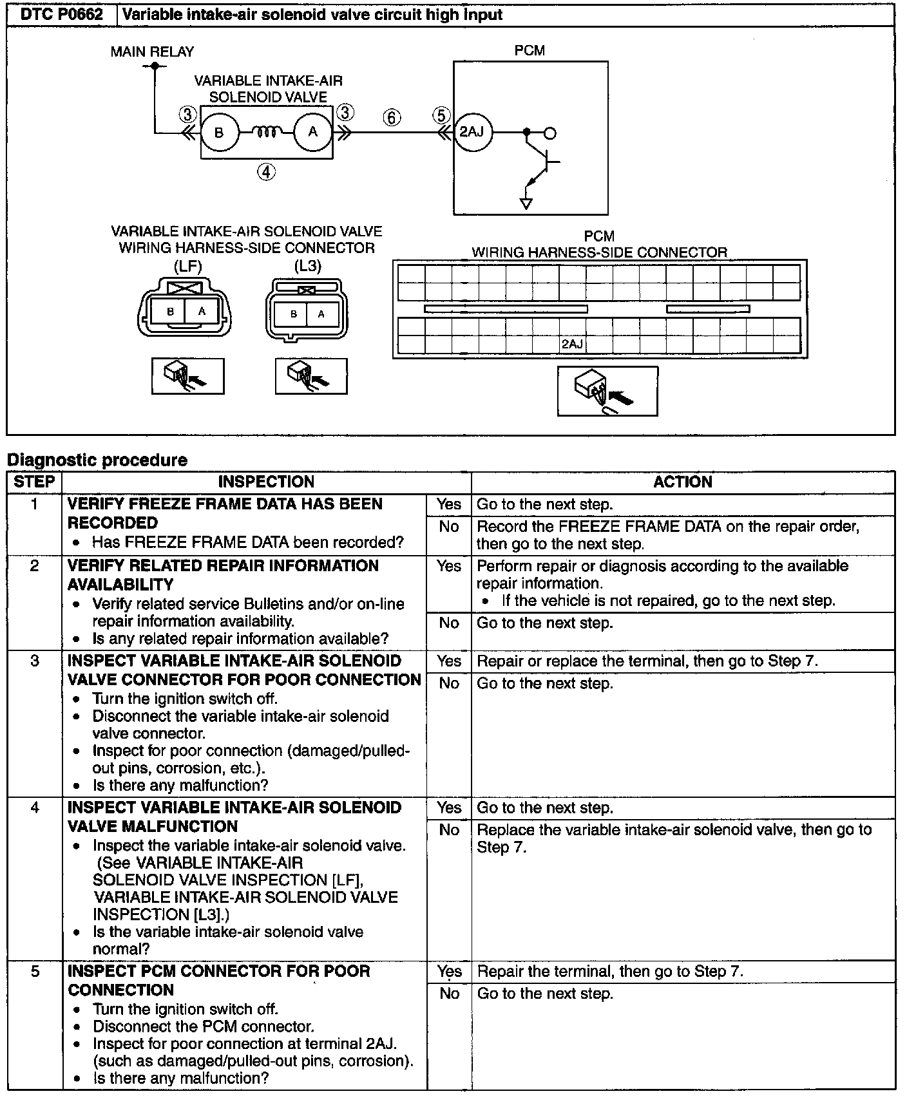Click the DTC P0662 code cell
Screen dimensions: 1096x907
(x=62, y=14)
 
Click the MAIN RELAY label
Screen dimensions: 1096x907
(x=152, y=52)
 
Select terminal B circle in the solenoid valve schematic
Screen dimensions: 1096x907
(x=219, y=133)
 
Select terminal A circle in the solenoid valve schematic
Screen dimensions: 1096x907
(x=313, y=132)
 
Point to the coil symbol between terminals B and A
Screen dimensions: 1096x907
(x=266, y=133)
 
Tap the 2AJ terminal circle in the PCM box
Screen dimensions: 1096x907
(x=472, y=132)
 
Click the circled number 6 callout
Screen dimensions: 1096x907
(x=392, y=117)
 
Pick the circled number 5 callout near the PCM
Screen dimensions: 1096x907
(x=441, y=115)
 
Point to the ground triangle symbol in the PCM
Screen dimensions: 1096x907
(x=526, y=204)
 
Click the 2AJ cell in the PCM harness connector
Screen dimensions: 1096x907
(x=572, y=345)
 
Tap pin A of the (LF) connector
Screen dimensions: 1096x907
(x=202, y=312)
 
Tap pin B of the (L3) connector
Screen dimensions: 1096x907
(x=294, y=314)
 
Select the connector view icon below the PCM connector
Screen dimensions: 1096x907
(x=607, y=392)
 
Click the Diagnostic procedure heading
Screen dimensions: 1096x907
(x=97, y=460)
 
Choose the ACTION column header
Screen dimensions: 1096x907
(x=683, y=482)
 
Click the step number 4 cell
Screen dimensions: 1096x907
(x=35, y=808)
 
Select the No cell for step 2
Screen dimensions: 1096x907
(x=448, y=623)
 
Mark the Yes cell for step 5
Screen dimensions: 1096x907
(x=448, y=971)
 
